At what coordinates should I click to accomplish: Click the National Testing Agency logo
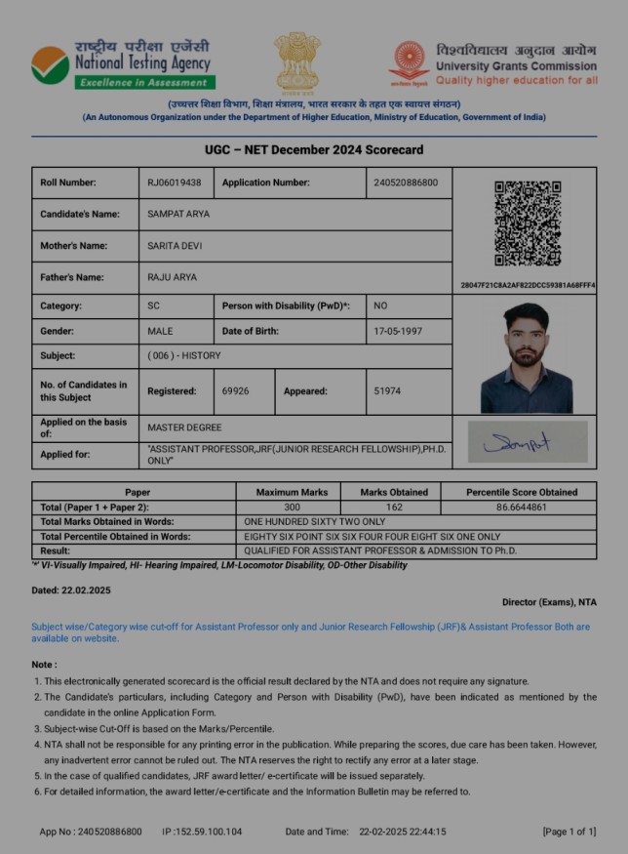pyautogui.click(x=50, y=64)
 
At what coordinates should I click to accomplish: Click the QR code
pyautogui.click(x=527, y=224)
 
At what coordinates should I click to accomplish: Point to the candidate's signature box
pyautogui.click(x=528, y=442)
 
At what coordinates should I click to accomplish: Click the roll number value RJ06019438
pyautogui.click(x=175, y=183)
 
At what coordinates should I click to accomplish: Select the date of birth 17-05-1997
pyautogui.click(x=398, y=331)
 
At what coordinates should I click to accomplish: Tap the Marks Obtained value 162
pyautogui.click(x=394, y=508)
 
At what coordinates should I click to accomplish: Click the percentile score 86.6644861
pyautogui.click(x=521, y=508)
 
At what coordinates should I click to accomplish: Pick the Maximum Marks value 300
pyautogui.click(x=291, y=508)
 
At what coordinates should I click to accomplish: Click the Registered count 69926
pyautogui.click(x=235, y=391)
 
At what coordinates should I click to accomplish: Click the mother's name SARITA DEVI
pyautogui.click(x=175, y=246)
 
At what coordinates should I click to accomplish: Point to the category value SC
pyautogui.click(x=153, y=305)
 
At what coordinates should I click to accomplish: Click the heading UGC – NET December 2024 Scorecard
pyautogui.click(x=314, y=150)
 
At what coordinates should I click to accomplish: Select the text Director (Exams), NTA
pyautogui.click(x=549, y=602)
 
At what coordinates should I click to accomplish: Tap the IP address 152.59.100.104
pyautogui.click(x=209, y=832)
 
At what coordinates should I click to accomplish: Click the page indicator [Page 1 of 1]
pyautogui.click(x=569, y=832)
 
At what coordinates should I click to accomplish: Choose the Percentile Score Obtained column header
pyautogui.click(x=521, y=492)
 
